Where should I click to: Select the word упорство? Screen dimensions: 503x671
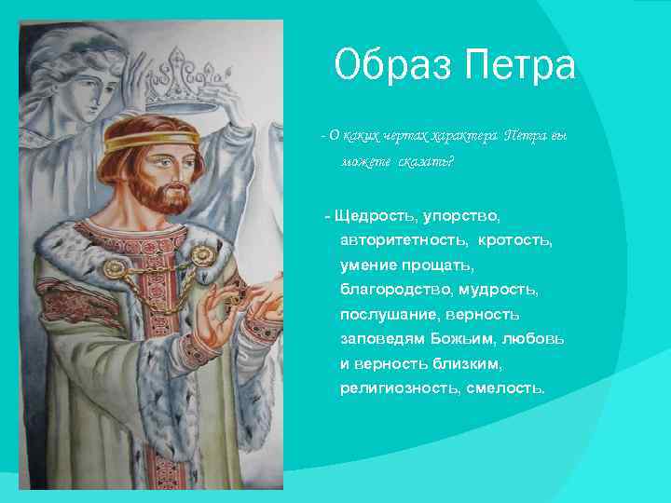point(461,216)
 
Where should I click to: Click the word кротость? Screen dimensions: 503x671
point(516,240)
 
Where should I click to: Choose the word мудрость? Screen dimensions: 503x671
point(499,290)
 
